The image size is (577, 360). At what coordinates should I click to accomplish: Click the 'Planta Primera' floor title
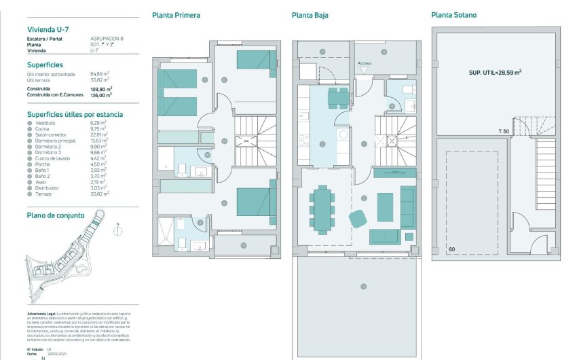pos(176,14)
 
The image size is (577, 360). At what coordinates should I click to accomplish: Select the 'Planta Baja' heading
pos(310,14)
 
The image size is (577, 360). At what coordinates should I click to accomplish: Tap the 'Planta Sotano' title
pos(454,14)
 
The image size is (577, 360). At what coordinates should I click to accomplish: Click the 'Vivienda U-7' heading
pos(48,29)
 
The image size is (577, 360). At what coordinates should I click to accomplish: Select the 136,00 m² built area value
pos(100,95)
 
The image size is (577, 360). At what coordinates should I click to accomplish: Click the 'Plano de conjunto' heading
pos(56,215)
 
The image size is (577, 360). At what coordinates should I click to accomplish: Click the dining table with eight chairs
pos(322,209)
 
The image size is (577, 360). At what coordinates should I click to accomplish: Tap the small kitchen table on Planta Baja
pos(337,98)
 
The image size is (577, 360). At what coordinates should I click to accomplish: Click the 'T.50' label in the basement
pos(504,130)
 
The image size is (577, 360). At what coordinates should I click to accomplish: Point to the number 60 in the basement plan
pos(452,250)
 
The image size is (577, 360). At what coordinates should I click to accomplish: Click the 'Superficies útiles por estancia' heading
pos(75,114)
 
